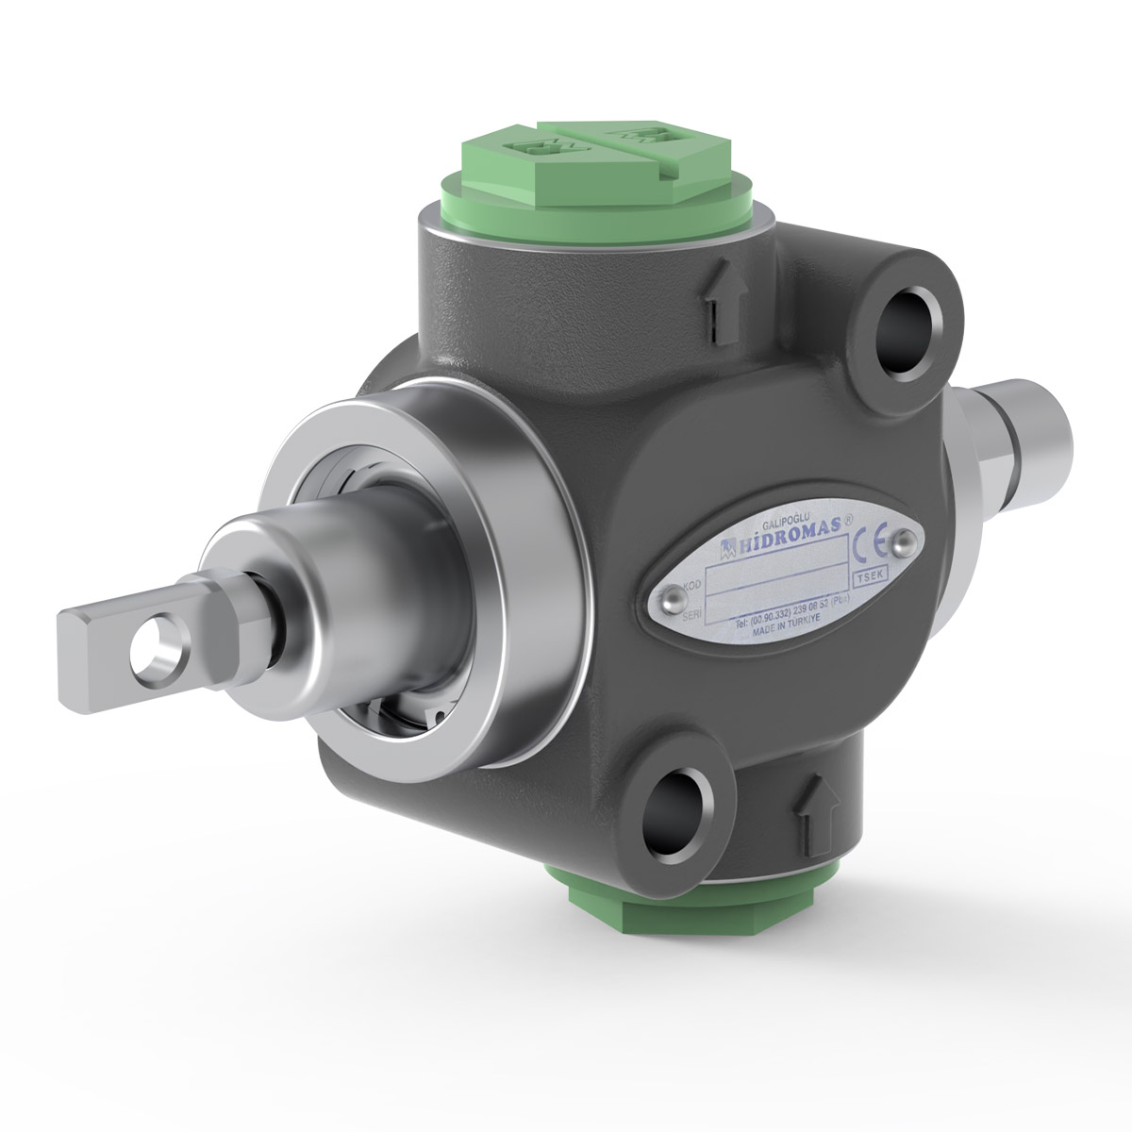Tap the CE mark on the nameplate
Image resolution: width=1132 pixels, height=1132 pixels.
click(x=867, y=548)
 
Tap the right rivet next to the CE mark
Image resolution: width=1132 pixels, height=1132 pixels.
click(x=904, y=540)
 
